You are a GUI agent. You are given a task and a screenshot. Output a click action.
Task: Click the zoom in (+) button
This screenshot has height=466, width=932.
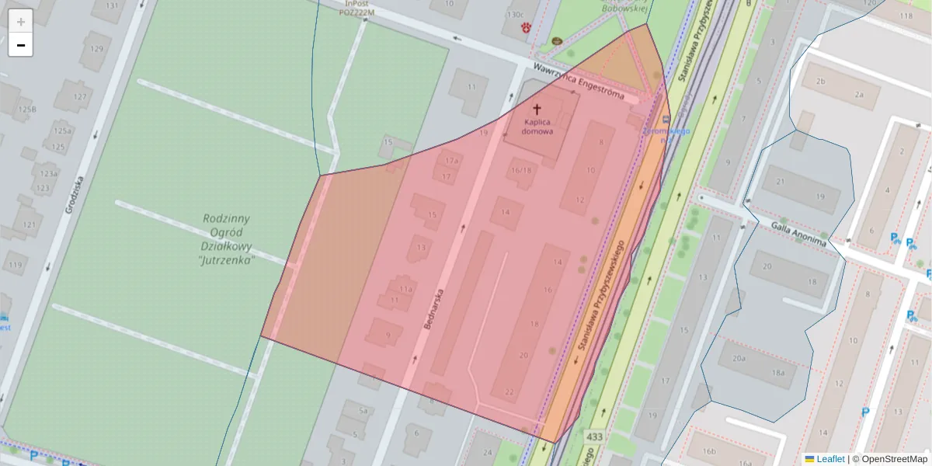coord(20,21)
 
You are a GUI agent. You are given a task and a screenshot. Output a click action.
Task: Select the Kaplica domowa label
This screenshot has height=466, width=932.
coord(537,127)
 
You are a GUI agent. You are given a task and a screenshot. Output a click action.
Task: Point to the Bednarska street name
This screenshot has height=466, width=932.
coord(434,308)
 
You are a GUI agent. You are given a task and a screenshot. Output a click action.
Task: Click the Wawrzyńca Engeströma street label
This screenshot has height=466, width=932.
coord(579,80)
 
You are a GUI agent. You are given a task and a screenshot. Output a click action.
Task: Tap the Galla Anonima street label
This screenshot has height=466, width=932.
coord(798,233)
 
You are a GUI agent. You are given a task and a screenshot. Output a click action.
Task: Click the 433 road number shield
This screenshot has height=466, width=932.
coord(595,437)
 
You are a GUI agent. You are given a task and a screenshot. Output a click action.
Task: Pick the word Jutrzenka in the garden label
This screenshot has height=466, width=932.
coord(227,261)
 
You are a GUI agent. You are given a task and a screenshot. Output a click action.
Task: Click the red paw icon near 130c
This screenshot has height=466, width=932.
coord(527,28)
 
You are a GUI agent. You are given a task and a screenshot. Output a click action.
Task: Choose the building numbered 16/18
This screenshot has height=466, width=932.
coord(521,170)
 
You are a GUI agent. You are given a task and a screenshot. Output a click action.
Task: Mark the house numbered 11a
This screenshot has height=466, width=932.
coord(405,288)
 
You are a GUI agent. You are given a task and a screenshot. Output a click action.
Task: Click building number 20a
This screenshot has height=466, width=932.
coord(738,358)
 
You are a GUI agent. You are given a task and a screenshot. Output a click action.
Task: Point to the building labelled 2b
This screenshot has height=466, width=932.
coord(819,81)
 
